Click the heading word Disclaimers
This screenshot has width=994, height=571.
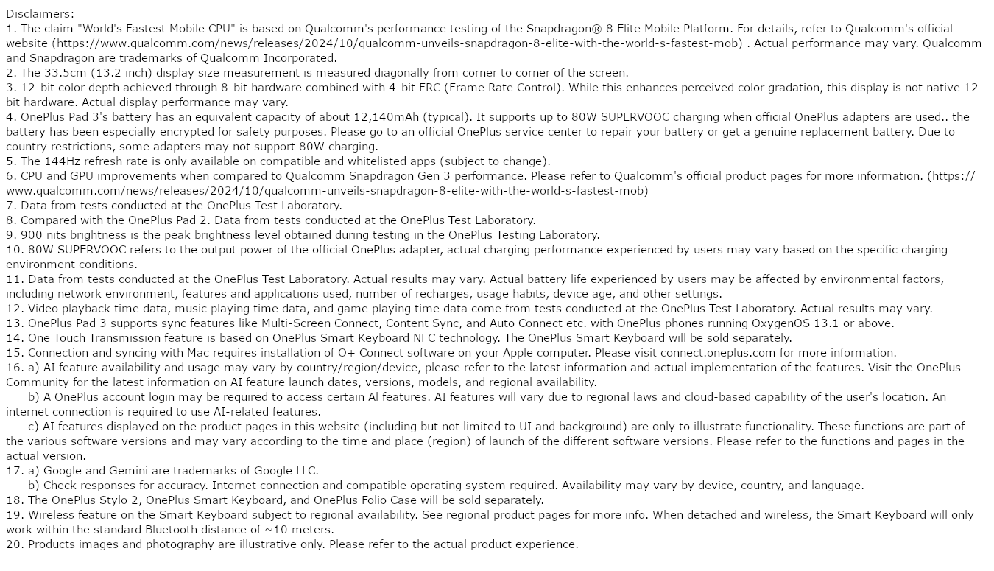point(39,14)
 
